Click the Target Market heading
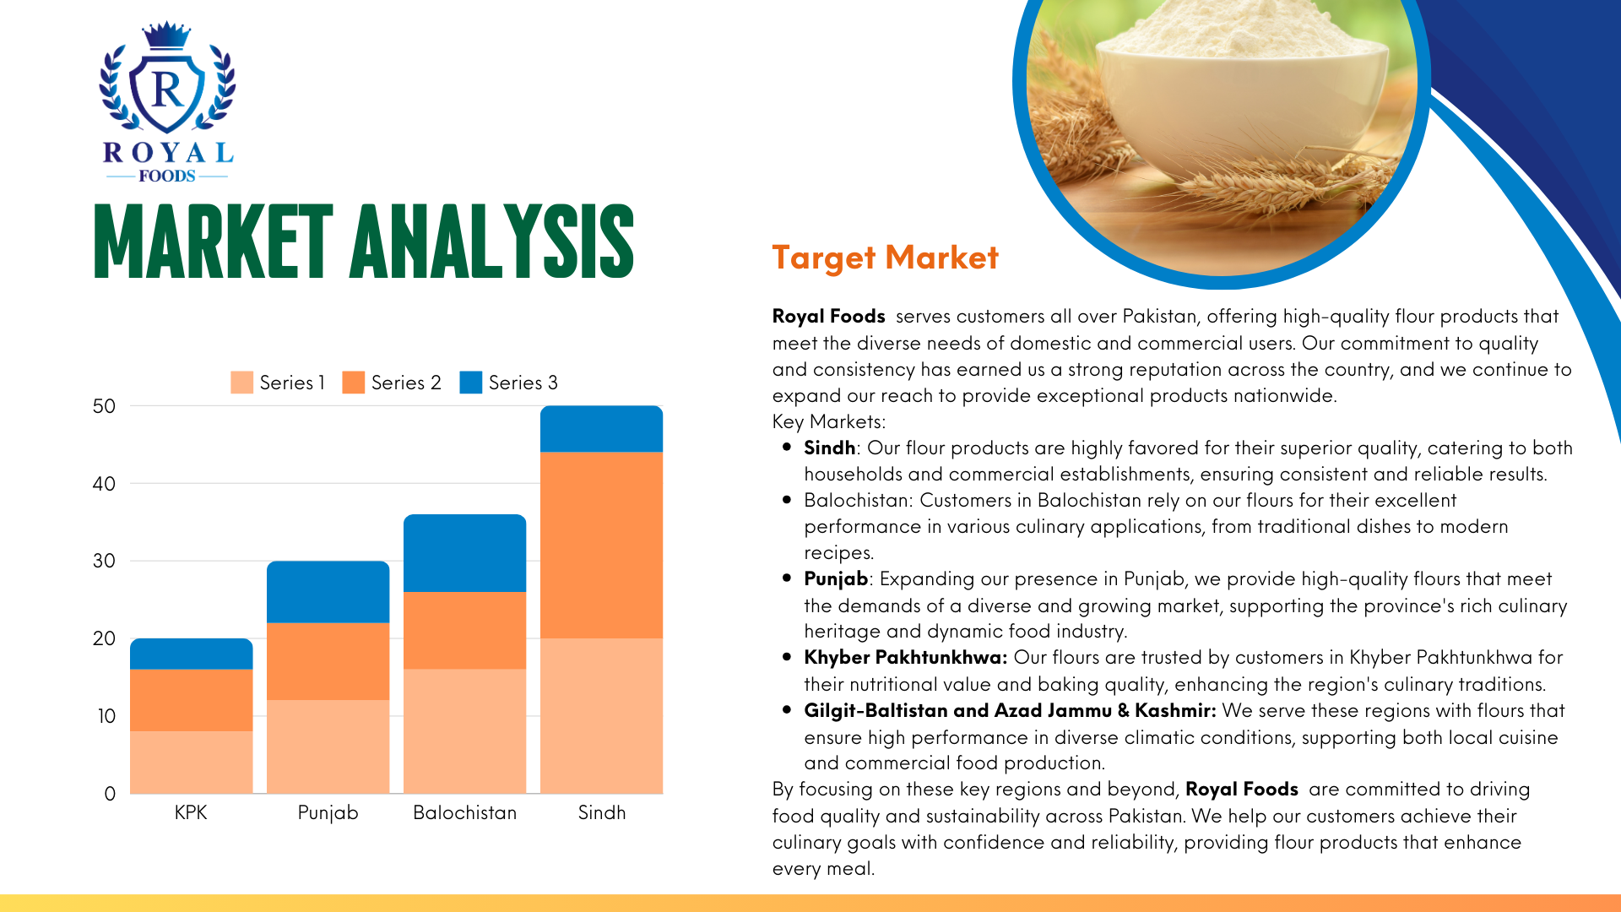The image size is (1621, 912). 885,258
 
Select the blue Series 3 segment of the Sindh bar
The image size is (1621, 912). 601,429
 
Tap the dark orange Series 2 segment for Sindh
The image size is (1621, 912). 601,546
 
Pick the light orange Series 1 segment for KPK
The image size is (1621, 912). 192,762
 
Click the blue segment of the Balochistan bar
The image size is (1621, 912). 464,553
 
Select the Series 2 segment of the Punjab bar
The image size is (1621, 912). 328,661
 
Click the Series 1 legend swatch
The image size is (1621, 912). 241,383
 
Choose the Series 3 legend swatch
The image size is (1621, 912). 470,383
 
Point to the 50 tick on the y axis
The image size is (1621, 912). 104,406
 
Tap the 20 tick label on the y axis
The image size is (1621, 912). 104,638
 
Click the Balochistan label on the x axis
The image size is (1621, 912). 464,812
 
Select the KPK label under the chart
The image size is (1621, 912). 191,812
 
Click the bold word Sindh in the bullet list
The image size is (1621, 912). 829,448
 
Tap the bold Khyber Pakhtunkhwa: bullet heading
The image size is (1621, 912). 905,657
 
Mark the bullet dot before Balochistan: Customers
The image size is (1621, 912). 787,500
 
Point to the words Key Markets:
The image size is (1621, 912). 828,421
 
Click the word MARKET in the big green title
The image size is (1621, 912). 214,242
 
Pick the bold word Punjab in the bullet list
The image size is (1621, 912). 836,579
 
